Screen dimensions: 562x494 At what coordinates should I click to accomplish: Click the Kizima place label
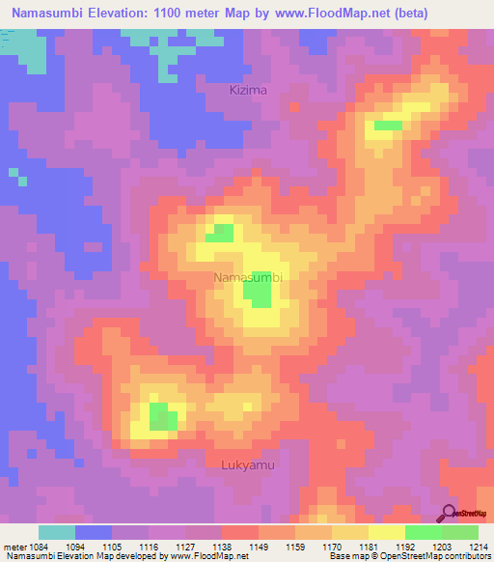[x=247, y=90]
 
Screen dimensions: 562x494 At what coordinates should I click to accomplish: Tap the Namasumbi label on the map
[x=248, y=277]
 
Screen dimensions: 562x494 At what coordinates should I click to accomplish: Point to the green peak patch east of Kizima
[x=388, y=126]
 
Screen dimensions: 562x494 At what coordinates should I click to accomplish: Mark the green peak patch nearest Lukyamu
[x=163, y=417]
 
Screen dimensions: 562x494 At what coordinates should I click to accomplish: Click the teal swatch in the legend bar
[x=57, y=531]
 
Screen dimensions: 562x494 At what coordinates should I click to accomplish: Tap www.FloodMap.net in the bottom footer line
[x=205, y=556]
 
